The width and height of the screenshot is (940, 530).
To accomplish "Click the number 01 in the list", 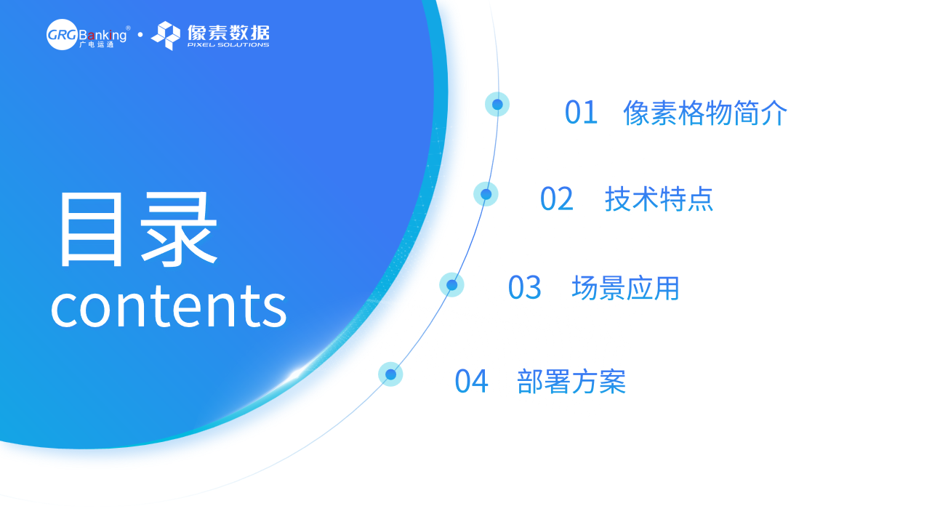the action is (581, 113).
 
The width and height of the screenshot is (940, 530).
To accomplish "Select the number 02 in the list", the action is (556, 199).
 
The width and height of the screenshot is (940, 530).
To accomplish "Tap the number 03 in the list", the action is (525, 287).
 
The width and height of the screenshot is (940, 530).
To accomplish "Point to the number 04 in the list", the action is (471, 382).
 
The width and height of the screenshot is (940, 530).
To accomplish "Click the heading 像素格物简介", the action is (705, 113).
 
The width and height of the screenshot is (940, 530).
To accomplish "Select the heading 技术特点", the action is (659, 199).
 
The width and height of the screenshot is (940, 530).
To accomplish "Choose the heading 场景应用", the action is (625, 288).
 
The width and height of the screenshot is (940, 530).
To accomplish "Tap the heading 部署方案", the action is (571, 382).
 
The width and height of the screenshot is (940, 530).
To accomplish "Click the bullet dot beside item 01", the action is (497, 104).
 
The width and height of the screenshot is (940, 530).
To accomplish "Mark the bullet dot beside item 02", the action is (486, 194).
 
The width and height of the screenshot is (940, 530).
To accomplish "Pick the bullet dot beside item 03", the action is (451, 285).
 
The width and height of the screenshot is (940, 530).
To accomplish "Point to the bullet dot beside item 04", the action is (390, 374).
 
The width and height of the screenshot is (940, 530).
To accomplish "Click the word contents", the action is (169, 306).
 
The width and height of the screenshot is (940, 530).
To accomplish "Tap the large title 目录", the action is (138, 229).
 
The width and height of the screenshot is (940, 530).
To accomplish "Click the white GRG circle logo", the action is (62, 34).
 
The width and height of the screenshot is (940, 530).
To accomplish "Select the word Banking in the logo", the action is (103, 35).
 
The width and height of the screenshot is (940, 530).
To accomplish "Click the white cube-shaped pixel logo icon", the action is (166, 36).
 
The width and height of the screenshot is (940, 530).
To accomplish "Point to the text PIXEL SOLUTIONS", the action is (228, 45).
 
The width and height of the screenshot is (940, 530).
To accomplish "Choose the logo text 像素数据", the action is (228, 32).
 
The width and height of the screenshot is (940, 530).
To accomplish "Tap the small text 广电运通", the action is (97, 44).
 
